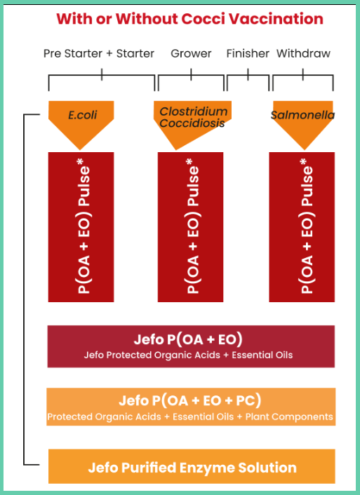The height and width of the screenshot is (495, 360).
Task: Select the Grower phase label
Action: (191, 54)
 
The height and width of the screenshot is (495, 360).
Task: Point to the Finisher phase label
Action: (248, 54)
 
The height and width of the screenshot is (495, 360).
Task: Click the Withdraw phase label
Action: (303, 54)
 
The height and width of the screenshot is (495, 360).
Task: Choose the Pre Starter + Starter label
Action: (99, 54)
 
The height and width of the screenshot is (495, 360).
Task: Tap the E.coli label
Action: (83, 115)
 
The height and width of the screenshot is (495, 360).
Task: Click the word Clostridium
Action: (194, 111)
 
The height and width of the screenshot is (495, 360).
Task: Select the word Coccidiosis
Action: (192, 123)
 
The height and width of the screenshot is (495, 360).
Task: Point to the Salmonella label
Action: (302, 115)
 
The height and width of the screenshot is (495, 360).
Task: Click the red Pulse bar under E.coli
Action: (81, 227)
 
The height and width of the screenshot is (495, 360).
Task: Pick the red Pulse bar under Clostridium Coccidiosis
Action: (191, 227)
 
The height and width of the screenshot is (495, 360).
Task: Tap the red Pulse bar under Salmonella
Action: (302, 227)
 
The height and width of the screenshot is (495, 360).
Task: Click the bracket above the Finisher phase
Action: (248, 76)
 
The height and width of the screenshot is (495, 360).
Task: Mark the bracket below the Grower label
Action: (191, 76)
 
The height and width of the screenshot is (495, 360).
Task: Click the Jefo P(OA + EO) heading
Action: (188, 339)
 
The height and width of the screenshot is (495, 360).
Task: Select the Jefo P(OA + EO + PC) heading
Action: (190, 401)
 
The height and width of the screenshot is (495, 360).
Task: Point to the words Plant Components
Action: (289, 416)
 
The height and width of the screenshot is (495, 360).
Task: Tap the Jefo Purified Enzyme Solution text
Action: (192, 468)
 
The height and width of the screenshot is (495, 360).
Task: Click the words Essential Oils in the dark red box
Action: (262, 355)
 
